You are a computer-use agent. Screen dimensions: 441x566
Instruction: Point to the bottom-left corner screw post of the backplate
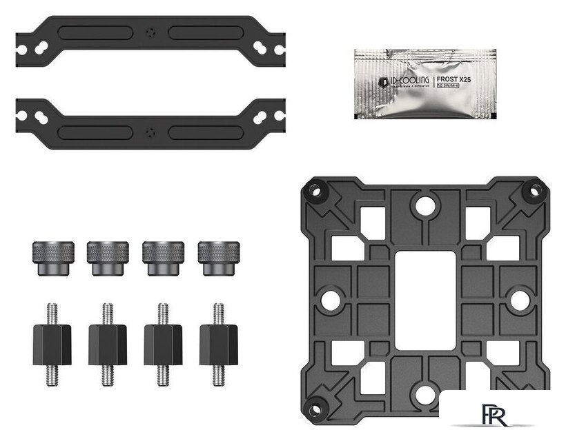click(316, 406)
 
